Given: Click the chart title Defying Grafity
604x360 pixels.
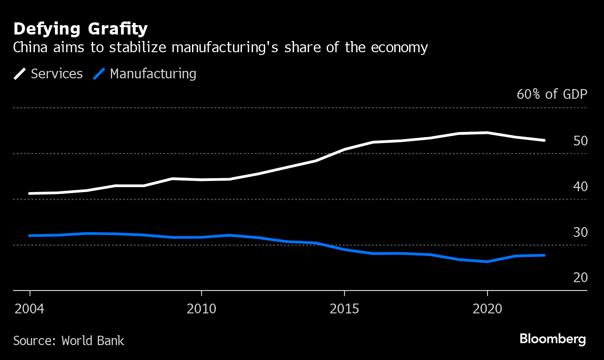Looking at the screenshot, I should click(81, 29).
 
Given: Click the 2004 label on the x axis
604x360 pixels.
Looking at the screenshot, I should click(30, 309).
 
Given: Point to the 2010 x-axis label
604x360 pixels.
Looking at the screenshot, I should click(201, 309).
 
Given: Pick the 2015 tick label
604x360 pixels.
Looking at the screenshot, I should click(344, 309).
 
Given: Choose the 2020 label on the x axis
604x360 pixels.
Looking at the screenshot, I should click(487, 309).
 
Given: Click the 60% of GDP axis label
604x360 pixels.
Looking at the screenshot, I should click(552, 94).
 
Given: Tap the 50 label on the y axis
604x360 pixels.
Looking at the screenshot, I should click(580, 141).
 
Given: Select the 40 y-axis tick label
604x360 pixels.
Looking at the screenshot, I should click(580, 187).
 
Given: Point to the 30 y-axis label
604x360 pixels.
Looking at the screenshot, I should click(580, 232).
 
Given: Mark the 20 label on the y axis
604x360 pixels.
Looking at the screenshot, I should click(580, 278).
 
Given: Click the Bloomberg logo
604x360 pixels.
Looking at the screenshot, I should click(553, 339).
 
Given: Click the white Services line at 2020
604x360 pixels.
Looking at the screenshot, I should click(487, 133).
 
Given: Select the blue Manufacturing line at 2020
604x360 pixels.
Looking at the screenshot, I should click(487, 262).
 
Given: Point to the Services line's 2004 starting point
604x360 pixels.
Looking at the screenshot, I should click(30, 194).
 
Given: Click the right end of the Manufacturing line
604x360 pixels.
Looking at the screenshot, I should click(544, 255).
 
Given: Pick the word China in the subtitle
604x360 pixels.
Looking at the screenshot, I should click(28, 48).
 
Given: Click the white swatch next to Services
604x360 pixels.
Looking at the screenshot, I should click(20, 74).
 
